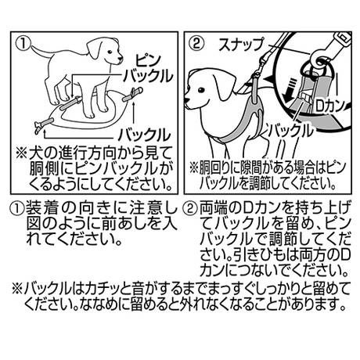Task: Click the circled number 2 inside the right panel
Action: (x=196, y=44)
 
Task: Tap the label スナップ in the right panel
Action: (x=241, y=45)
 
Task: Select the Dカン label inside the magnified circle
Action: (x=329, y=106)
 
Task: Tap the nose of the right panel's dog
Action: (x=186, y=100)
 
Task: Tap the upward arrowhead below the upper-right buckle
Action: (x=134, y=104)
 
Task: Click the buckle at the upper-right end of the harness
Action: (x=132, y=95)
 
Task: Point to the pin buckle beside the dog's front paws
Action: (x=70, y=103)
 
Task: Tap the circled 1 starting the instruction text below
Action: (x=17, y=208)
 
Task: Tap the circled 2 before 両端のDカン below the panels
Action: (x=190, y=208)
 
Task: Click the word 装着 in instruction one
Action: (x=41, y=208)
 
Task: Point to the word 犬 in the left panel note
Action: (x=35, y=153)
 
